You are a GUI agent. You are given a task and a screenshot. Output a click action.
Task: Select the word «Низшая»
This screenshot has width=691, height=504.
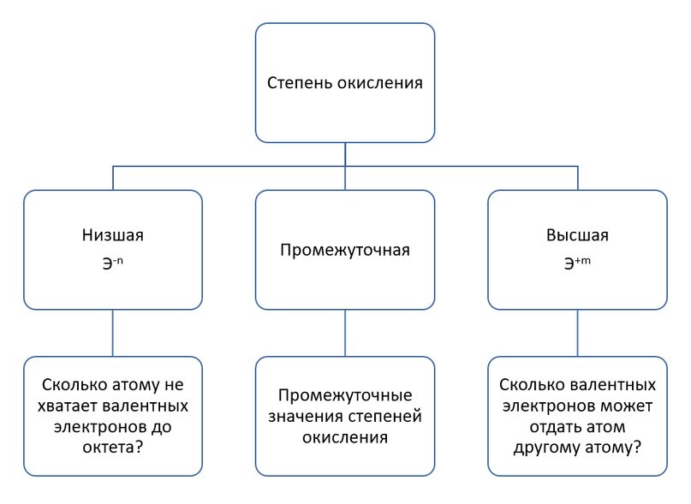113,235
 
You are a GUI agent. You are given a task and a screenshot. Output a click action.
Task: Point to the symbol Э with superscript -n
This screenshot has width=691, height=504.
113,263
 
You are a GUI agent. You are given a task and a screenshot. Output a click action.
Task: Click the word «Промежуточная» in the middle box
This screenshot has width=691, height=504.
345,250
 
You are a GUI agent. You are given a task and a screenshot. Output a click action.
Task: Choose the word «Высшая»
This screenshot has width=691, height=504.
577,235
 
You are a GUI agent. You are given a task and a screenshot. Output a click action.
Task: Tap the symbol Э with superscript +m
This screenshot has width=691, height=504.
577,263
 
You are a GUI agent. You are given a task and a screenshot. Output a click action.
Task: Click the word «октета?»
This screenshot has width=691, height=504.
113,448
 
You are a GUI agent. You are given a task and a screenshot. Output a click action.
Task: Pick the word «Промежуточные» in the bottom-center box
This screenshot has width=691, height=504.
345,395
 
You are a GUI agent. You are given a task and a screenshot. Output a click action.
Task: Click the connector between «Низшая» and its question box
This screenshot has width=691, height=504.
113,333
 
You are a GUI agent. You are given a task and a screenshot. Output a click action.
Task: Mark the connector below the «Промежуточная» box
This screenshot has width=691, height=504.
345,333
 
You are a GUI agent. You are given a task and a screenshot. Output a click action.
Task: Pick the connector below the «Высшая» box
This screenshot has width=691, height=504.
577,333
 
